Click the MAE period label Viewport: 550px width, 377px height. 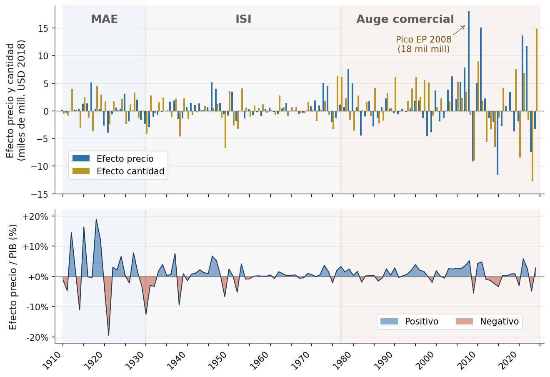click(x=104, y=19)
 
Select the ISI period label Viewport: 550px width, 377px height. click(x=243, y=19)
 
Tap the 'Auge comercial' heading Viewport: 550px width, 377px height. click(x=405, y=19)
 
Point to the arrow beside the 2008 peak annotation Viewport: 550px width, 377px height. click(x=459, y=30)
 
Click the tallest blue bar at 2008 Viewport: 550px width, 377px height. click(x=469, y=61)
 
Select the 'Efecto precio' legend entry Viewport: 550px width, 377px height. click(x=113, y=158)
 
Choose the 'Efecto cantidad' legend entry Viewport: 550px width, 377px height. click(x=118, y=171)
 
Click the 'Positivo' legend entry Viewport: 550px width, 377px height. click(x=409, y=321)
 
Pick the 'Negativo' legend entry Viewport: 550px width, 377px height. click(x=487, y=321)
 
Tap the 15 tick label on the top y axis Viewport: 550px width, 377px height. click(x=43, y=28)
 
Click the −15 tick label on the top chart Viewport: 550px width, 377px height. click(x=40, y=194)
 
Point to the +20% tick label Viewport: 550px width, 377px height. click(x=35, y=216)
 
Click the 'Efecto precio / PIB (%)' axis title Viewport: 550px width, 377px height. click(x=13, y=277)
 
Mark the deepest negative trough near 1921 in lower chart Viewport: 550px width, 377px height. click(x=108, y=335)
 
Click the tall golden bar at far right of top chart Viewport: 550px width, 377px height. click(x=537, y=70)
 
